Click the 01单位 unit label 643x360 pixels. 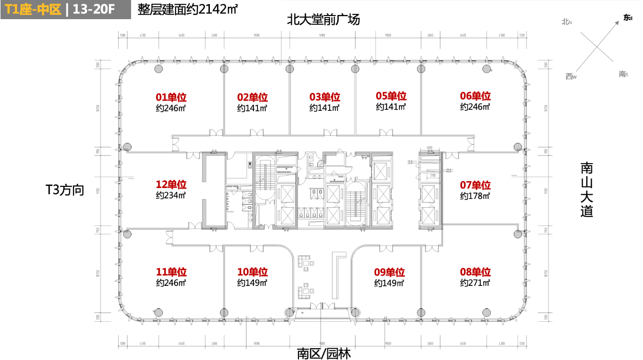click(x=171, y=97)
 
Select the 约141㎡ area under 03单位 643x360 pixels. click(x=324, y=108)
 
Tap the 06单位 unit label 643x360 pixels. click(x=475, y=96)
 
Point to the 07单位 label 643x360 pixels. click(x=475, y=185)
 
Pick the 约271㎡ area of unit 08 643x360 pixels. click(x=475, y=283)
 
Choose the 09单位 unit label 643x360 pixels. click(x=389, y=272)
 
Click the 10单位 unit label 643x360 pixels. click(x=252, y=272)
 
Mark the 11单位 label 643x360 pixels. click(x=171, y=272)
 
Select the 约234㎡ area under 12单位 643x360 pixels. click(x=171, y=196)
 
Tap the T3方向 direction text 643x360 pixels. click(x=65, y=190)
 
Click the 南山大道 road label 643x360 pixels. click(x=587, y=190)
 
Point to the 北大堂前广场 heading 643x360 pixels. click(x=323, y=20)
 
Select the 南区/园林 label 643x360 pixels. click(x=324, y=354)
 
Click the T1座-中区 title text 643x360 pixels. click(x=33, y=9)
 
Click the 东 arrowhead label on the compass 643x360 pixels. click(x=628, y=18)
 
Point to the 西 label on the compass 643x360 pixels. click(x=570, y=77)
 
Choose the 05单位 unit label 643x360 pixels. click(x=391, y=96)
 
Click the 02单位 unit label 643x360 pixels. click(x=252, y=97)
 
